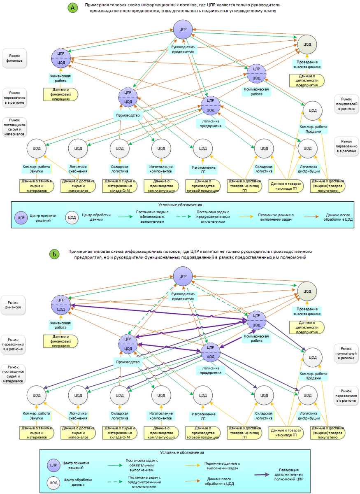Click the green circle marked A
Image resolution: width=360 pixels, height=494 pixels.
pos(72,8)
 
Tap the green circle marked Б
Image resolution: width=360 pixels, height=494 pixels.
pos(54,254)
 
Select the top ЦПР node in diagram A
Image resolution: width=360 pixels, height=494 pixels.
pos(183,29)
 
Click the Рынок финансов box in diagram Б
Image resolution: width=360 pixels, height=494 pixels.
pos(13,305)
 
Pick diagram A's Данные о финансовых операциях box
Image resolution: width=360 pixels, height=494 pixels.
pos(60,94)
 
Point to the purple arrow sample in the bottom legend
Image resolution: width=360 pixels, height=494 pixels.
pos(262,474)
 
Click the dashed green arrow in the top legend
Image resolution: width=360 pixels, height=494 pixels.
pos(183,217)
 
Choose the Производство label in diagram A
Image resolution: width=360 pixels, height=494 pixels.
pos(128,115)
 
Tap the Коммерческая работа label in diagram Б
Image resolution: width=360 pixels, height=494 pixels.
pos(256,338)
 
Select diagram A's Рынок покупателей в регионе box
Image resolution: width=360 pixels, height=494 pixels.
pos(346,104)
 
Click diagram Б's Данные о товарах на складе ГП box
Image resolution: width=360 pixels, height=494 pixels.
pos(286,433)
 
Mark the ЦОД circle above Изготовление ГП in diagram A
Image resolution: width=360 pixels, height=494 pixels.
pos(203,149)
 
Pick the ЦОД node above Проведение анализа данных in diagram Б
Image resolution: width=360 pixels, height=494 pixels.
pos(307,291)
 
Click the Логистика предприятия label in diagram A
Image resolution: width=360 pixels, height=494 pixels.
pos(211,123)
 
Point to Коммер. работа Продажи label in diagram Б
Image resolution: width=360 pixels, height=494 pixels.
pos(313,376)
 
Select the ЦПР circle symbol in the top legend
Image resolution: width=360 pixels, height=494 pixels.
pos(21,218)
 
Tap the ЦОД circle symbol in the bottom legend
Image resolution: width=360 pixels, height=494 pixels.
pos(53,483)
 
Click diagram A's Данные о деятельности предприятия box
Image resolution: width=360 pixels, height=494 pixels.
pos(307,81)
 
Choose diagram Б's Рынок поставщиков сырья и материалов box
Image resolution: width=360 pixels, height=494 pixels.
pos(13,374)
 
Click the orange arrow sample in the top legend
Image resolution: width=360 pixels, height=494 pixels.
pos(311,217)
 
